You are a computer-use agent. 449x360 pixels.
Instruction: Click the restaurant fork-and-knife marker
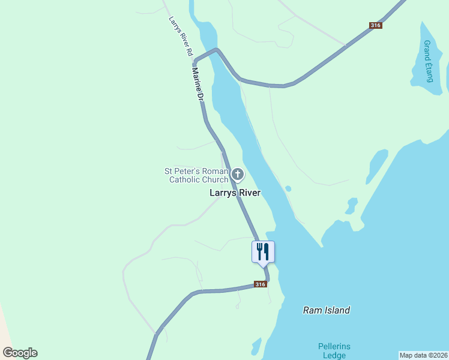262,251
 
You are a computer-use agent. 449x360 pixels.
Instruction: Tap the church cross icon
238,175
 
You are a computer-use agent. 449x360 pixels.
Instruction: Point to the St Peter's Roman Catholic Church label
197,175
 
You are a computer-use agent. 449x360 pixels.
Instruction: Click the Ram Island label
326,310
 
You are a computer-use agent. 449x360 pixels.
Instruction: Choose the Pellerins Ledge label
334,351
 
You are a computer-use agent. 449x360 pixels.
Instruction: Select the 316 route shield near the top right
376,25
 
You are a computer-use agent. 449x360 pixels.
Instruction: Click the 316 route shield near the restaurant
260,284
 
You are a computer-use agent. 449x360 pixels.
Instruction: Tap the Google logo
20,353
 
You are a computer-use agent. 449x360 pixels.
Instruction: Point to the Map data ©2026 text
423,355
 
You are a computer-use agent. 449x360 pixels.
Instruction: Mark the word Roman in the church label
214,171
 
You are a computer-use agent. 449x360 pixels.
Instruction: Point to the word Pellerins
334,346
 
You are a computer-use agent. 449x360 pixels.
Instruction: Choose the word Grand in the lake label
427,48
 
